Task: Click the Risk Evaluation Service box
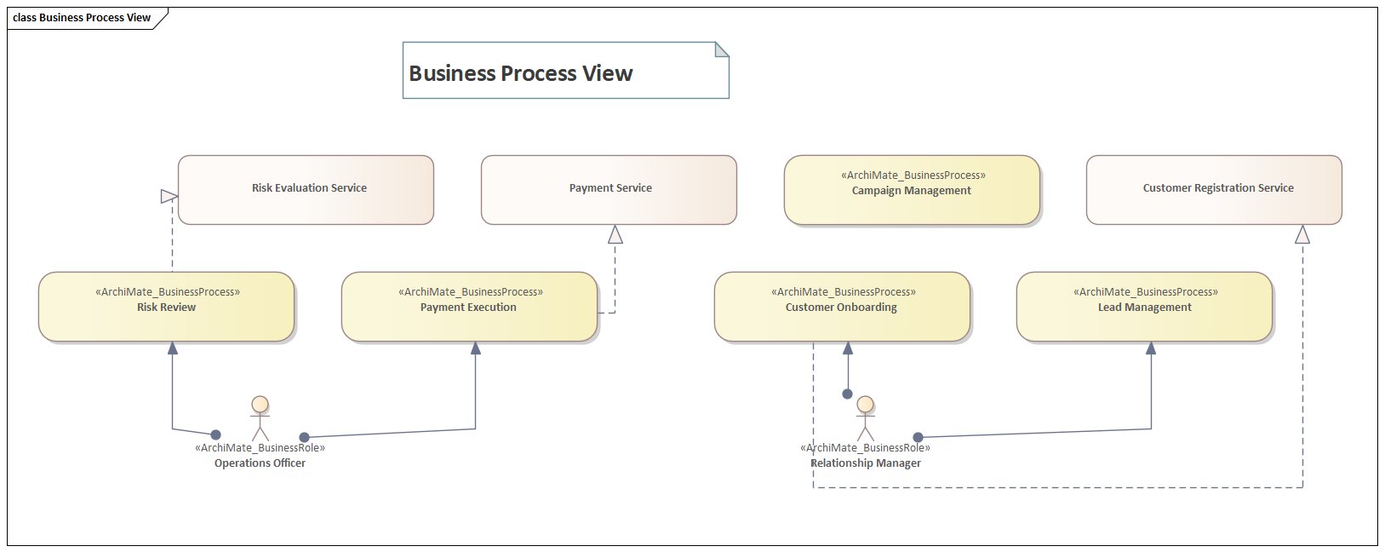tap(306, 189)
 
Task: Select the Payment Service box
tap(609, 189)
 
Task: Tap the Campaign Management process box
tap(912, 189)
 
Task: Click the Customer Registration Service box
tap(1214, 189)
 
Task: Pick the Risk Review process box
tap(166, 307)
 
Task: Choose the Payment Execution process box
tap(469, 307)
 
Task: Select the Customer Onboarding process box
tap(842, 307)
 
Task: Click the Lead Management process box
tap(1144, 307)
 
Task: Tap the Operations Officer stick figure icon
tap(260, 417)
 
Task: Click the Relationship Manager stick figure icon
tap(865, 417)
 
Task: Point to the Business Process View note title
tap(521, 73)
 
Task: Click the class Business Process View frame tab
tap(83, 17)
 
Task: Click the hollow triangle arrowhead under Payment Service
tap(615, 234)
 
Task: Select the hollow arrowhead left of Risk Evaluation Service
tap(169, 197)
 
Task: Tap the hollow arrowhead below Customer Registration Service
tap(1302, 234)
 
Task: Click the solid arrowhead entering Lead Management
tap(1151, 348)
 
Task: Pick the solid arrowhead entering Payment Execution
tap(475, 348)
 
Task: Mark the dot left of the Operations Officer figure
tap(215, 434)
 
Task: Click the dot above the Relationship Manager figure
tap(847, 394)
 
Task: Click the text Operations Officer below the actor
tap(260, 463)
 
